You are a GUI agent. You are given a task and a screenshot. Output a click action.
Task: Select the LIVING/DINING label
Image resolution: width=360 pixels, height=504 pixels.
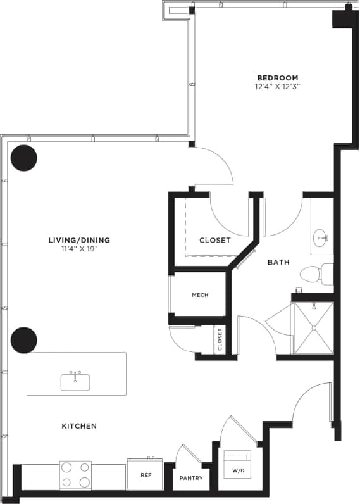(79, 240)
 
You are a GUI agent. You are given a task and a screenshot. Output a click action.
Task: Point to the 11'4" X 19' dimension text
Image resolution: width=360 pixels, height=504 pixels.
(79, 249)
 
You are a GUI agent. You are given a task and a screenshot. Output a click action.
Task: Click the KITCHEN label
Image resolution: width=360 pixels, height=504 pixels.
(79, 426)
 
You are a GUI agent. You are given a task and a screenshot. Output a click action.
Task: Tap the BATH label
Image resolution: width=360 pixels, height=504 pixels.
(278, 261)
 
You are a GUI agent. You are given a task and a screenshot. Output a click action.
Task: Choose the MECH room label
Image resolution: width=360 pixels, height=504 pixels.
(200, 295)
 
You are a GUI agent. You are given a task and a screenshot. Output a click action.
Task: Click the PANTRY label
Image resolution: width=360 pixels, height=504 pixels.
(191, 478)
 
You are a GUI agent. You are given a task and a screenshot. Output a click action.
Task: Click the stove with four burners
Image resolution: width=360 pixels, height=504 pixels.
(75, 475)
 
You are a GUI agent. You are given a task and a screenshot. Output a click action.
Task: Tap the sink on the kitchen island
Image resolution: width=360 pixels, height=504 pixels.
(75, 382)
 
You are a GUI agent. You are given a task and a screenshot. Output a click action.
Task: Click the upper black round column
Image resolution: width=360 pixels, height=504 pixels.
(24, 158)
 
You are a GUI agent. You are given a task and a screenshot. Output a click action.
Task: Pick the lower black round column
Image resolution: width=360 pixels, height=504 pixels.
(24, 340)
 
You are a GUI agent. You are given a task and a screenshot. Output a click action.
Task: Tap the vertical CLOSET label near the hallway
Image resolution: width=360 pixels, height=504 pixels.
(220, 340)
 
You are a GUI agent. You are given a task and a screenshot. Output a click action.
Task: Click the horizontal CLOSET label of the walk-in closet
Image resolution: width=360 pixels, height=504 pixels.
(214, 241)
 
